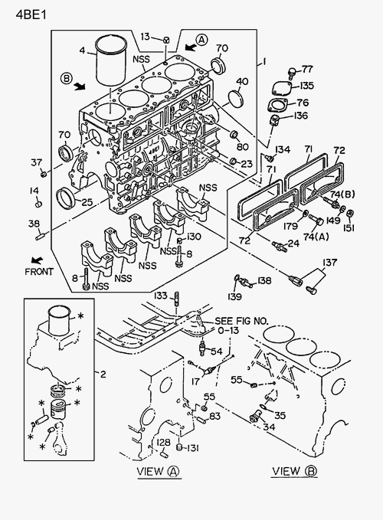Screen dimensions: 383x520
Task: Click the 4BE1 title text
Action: (31, 15)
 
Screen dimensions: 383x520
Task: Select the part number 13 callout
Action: (145, 37)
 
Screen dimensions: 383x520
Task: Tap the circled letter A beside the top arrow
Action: (201, 40)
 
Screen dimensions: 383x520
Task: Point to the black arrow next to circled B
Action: (80, 87)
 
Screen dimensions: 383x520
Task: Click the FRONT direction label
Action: (39, 272)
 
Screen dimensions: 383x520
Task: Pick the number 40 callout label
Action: (242, 82)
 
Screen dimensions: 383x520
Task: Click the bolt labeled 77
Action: (292, 73)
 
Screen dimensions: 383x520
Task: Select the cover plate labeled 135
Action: (282, 89)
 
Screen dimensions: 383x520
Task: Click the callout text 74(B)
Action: (342, 195)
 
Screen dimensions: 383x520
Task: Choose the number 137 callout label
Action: (329, 263)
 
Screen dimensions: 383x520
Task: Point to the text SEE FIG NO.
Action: (241, 321)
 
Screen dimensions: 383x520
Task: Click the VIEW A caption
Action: (158, 471)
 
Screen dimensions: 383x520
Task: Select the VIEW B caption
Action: (294, 471)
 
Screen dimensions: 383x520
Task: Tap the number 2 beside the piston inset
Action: (103, 374)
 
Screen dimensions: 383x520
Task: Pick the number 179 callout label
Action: (290, 226)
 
